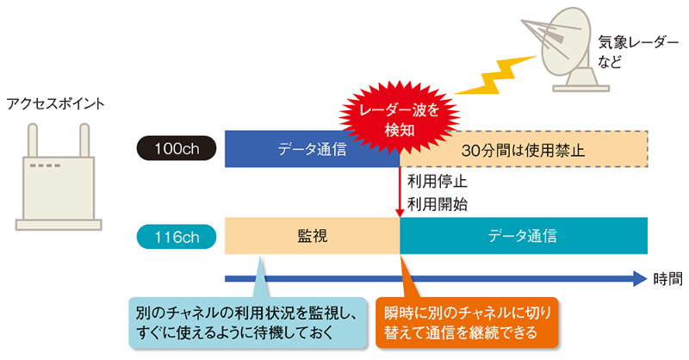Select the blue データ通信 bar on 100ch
(x=312, y=149)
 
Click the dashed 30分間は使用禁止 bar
(x=524, y=149)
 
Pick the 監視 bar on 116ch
(x=312, y=236)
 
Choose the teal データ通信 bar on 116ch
(x=523, y=236)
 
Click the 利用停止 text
(x=436, y=183)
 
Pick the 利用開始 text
(x=436, y=204)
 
